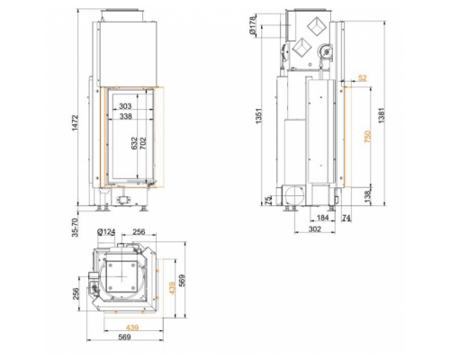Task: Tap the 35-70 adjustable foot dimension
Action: point(75,228)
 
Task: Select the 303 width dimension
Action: point(125,106)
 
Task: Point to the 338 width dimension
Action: point(125,116)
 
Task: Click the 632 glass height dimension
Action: point(134,143)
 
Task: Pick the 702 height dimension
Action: point(143,143)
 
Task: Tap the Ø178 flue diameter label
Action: point(253,25)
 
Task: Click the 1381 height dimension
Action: point(381,115)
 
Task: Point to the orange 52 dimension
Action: point(363,78)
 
